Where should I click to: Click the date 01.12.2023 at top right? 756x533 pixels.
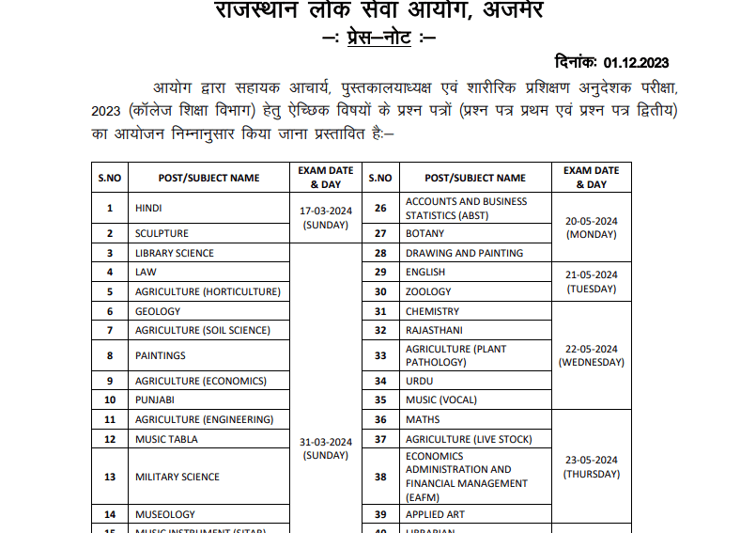[x=637, y=62]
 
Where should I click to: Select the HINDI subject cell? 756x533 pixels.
[x=149, y=208]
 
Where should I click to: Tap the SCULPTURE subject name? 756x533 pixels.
[x=162, y=233]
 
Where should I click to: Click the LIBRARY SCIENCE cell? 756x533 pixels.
[x=174, y=253]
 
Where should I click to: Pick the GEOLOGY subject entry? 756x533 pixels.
[x=158, y=311]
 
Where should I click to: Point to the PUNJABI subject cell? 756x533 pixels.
[x=156, y=400]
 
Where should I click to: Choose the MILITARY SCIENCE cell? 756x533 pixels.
[x=177, y=477]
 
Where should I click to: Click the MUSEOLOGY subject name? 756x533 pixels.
[x=165, y=514]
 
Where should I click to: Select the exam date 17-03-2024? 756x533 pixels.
[x=326, y=212]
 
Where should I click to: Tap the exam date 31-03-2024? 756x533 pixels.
[x=326, y=442]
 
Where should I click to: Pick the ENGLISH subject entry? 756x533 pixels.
[x=425, y=272]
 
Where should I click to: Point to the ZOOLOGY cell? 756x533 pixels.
[x=428, y=291]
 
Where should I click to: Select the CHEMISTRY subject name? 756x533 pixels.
[x=432, y=311]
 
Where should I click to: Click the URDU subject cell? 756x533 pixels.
[x=420, y=381]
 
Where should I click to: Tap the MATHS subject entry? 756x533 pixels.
[x=423, y=419]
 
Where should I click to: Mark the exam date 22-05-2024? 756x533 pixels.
[x=591, y=349]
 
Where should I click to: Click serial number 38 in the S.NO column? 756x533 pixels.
[x=380, y=477]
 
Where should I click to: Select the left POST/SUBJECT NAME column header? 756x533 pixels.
[x=209, y=178]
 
